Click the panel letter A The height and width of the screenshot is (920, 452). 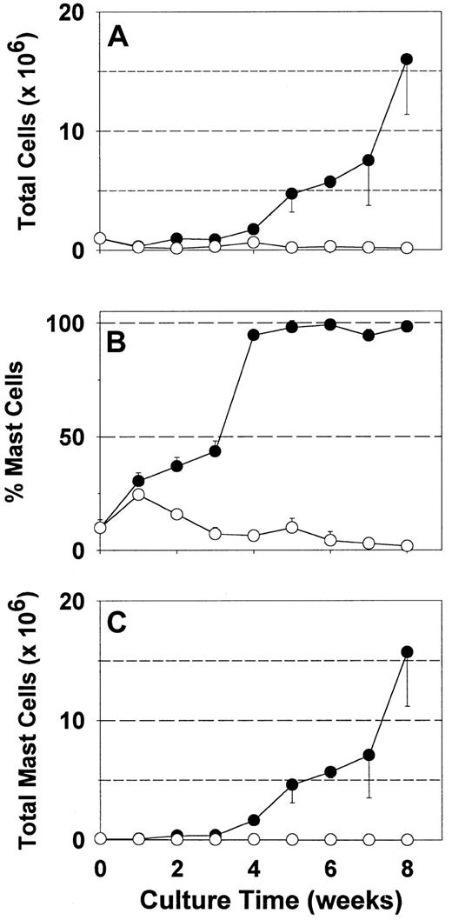click(x=120, y=37)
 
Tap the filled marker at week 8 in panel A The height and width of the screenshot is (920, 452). click(x=406, y=59)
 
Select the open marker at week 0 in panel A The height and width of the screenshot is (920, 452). click(x=100, y=238)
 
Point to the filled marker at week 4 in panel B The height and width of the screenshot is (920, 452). click(x=253, y=335)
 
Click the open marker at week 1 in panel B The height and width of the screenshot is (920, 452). click(x=138, y=495)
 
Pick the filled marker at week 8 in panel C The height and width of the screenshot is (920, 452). click(x=406, y=652)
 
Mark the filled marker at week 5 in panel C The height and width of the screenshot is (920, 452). click(x=291, y=785)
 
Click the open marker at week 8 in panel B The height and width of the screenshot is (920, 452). click(x=406, y=546)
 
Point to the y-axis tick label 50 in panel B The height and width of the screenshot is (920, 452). click(x=75, y=437)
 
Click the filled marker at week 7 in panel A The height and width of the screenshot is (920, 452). click(x=368, y=161)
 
